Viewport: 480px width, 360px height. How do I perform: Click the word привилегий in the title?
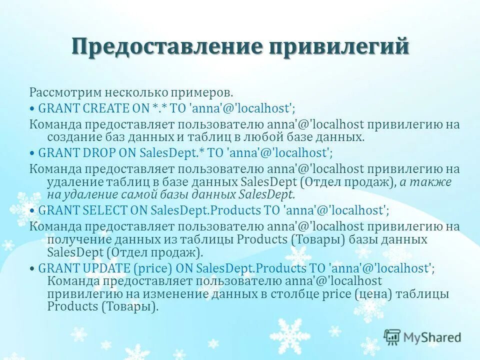tap(340, 46)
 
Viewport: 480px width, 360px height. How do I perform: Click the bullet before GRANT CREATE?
tap(32, 108)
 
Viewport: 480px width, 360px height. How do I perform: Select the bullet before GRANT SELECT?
tap(32, 210)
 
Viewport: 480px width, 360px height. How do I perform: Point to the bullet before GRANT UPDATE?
tap(32, 268)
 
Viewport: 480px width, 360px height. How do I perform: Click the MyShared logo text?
tap(431, 337)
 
